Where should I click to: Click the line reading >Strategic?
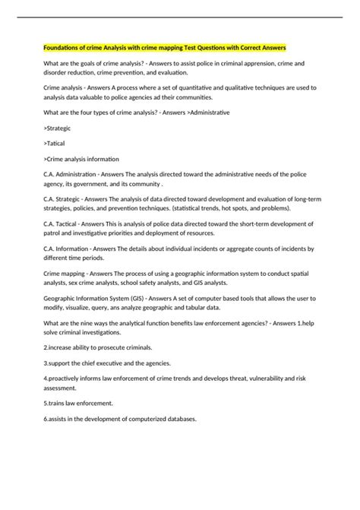click(x=59, y=129)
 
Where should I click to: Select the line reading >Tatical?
click(x=57, y=144)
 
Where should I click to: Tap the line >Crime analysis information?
click(x=82, y=158)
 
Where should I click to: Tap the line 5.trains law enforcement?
click(x=79, y=403)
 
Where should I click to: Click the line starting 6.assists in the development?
click(x=120, y=418)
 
